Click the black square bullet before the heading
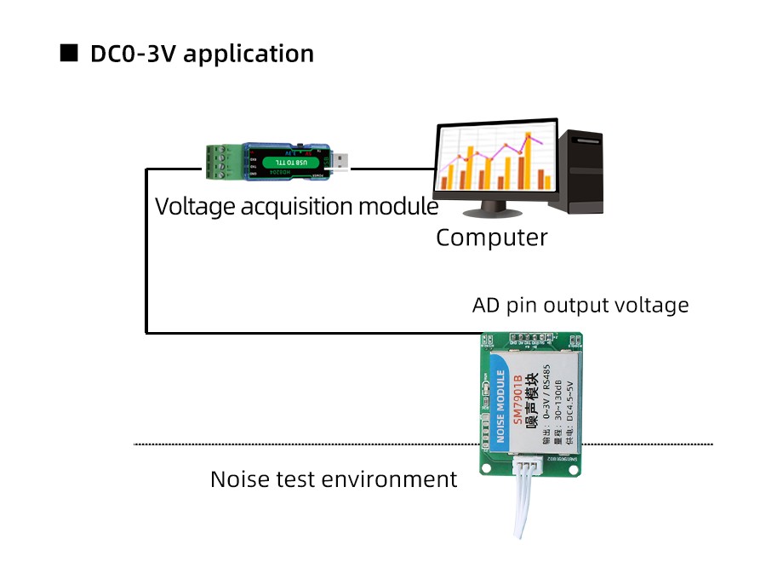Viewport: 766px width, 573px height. pos(68,54)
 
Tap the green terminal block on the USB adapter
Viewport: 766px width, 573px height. pos(222,162)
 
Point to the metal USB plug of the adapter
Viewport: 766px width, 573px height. pos(340,163)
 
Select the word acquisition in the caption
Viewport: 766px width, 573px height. pos(296,207)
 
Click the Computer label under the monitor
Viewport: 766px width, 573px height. pos(492,238)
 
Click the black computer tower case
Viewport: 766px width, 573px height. pos(576,170)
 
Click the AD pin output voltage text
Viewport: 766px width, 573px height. pos(580,305)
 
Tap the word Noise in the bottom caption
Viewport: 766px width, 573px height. pos(241,479)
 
